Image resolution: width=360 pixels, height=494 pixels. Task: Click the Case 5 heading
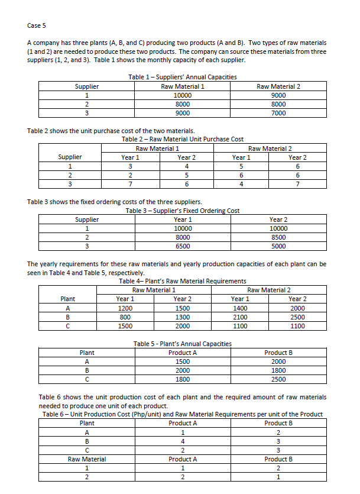tap(36, 25)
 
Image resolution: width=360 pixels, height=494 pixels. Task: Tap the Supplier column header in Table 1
tap(87, 86)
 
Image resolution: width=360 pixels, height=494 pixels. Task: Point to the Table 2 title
tap(183, 139)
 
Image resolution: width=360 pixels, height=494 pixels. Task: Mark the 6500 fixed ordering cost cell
tap(183, 246)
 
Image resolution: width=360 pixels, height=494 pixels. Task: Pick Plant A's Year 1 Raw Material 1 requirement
tap(125, 308)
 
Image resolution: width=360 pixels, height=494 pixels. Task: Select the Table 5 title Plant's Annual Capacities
tap(183, 344)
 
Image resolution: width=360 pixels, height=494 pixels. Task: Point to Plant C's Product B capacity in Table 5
tap(278, 379)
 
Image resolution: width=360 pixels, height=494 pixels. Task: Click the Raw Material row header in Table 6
tap(87, 459)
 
